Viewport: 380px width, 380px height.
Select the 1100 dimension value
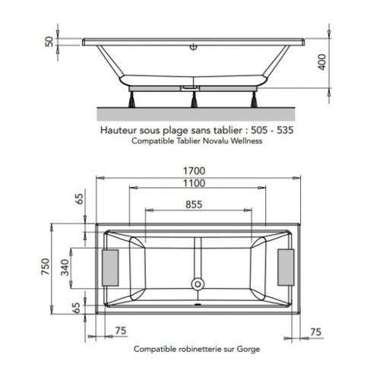tap(197, 185)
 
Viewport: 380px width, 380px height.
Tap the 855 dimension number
tap(197, 204)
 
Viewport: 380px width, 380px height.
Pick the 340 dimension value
tap(66, 268)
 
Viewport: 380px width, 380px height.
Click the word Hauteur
tap(121, 130)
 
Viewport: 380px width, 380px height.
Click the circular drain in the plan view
tap(197, 285)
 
